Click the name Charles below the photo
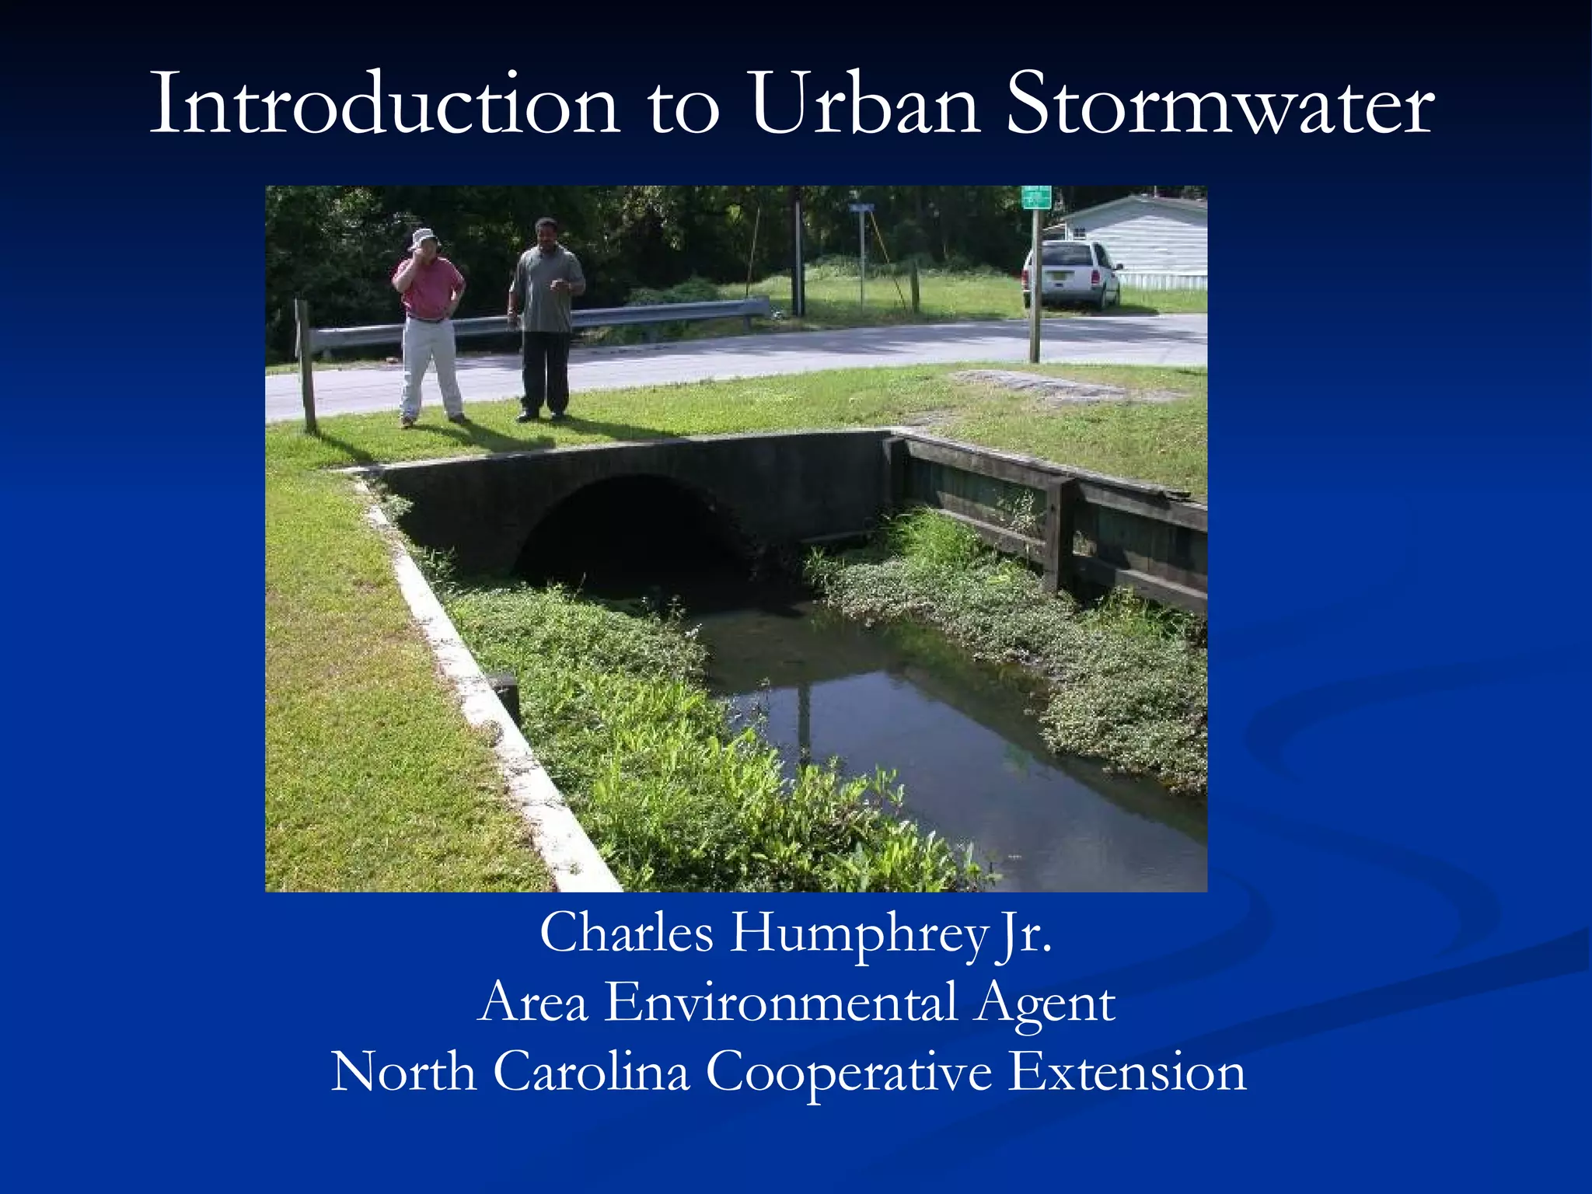(x=626, y=933)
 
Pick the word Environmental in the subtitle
(x=780, y=1002)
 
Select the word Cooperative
(x=849, y=1073)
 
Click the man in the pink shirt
(x=429, y=326)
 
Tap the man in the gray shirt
(x=546, y=319)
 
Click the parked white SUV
(x=1071, y=274)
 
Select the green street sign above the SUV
(x=1035, y=197)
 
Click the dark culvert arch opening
(x=634, y=536)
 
